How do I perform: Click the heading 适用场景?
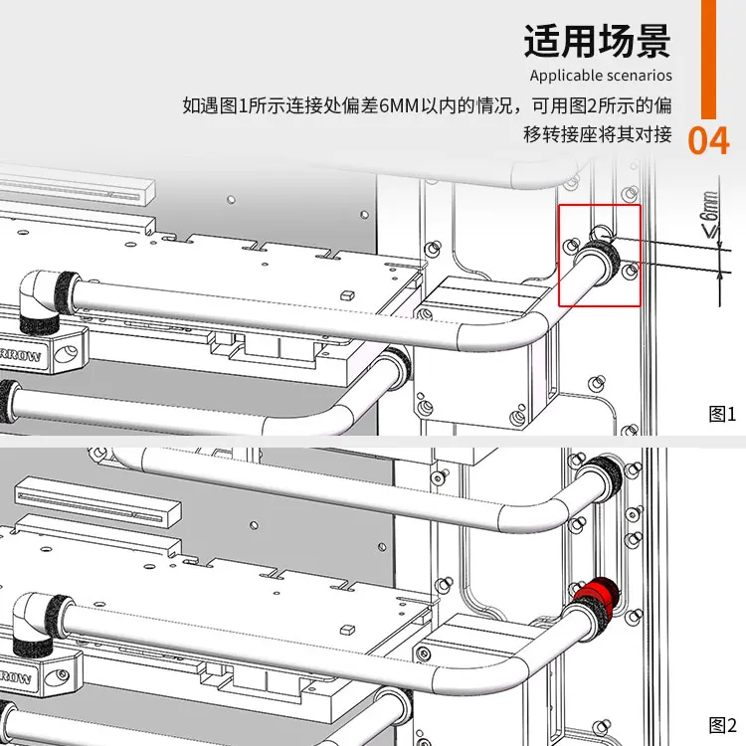click(597, 41)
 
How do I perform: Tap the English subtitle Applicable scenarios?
click(600, 76)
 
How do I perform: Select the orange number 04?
click(708, 141)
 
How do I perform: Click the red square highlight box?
click(599, 255)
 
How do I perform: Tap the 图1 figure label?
click(722, 414)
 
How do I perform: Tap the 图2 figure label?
click(722, 723)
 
